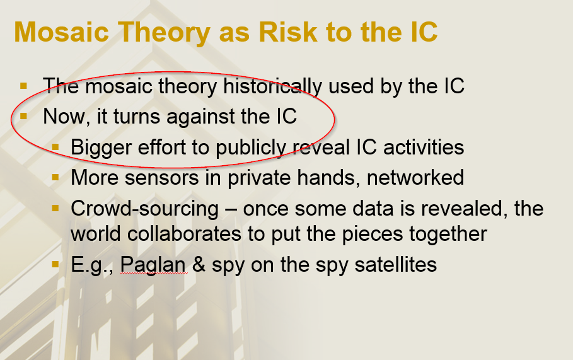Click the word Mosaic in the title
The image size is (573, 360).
pyautogui.click(x=61, y=32)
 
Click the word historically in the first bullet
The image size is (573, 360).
pyautogui.click(x=272, y=87)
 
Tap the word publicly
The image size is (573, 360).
pyautogui.click(x=251, y=148)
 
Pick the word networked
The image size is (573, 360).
pyautogui.click(x=415, y=178)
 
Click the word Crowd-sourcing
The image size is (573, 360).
pyautogui.click(x=145, y=209)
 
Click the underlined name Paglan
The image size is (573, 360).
pyautogui.click(x=153, y=264)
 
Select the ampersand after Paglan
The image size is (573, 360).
pyautogui.click(x=199, y=264)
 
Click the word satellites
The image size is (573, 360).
pyautogui.click(x=395, y=264)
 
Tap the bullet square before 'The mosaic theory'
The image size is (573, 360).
pyautogui.click(x=24, y=86)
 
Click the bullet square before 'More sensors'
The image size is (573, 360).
pyautogui.click(x=55, y=178)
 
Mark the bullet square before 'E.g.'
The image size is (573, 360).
pyautogui.click(x=55, y=264)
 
